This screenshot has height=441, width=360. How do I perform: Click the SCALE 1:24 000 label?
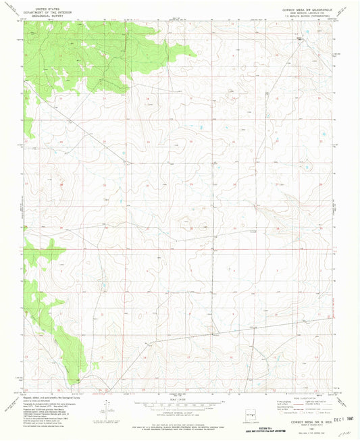(x=180, y=397)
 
